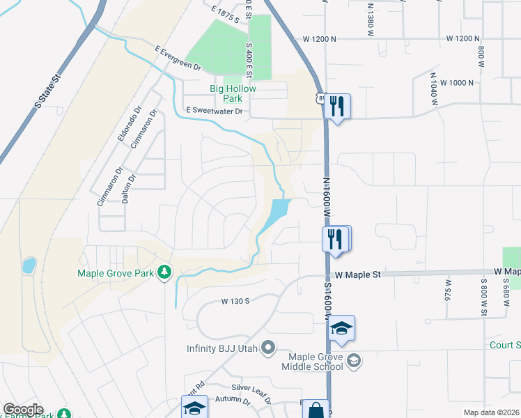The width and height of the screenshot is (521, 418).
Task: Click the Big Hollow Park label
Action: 233,94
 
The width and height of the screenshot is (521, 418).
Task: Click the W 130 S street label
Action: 235,301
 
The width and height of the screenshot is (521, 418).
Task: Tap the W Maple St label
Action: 357,275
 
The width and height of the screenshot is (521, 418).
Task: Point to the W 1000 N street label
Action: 453,82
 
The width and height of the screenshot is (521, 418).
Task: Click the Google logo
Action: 23,410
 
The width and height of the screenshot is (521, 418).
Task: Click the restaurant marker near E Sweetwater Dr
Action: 337,106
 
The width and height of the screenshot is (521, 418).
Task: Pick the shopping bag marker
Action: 316,410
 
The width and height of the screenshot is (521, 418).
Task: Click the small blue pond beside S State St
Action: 29,265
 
